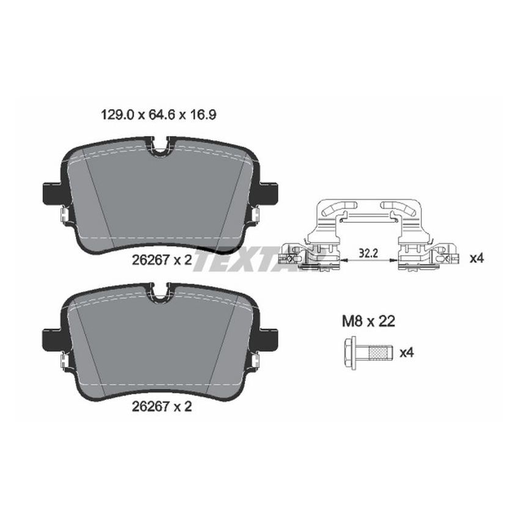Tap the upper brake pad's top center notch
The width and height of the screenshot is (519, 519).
point(160,147)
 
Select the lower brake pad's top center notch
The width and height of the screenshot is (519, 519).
point(160,293)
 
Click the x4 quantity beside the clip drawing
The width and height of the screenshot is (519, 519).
point(476,258)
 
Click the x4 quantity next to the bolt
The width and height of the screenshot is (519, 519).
point(407,352)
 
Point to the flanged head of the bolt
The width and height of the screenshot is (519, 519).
point(350,352)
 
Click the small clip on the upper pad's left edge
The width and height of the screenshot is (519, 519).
point(64,216)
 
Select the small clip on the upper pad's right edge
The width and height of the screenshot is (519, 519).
point(255,216)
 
